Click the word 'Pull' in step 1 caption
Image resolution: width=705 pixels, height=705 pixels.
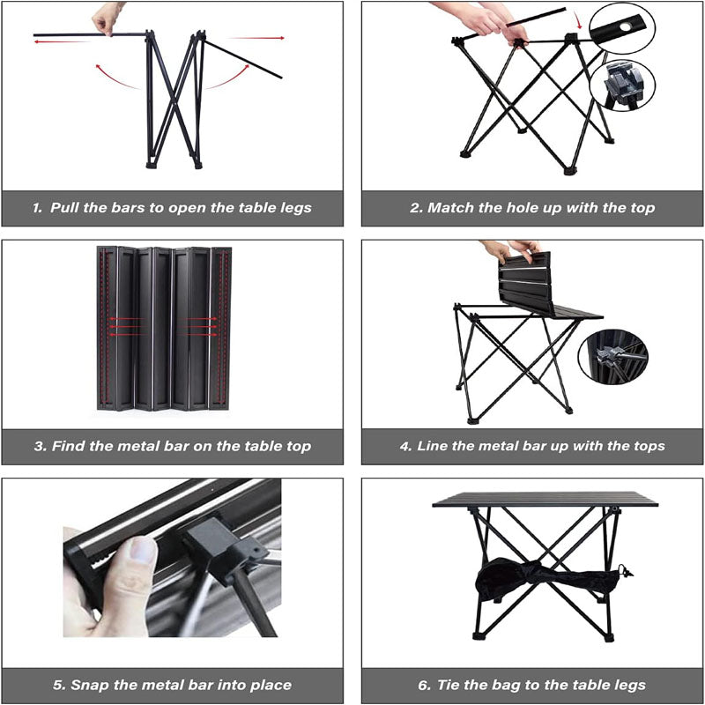tap(66, 209)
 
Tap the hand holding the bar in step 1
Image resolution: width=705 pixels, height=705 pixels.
tap(108, 18)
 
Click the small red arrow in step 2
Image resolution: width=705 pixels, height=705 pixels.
tap(578, 19)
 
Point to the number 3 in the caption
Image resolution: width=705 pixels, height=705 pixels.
tap(40, 447)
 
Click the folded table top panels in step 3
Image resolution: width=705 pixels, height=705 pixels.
tap(164, 328)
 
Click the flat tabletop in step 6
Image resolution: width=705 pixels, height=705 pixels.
tap(545, 500)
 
